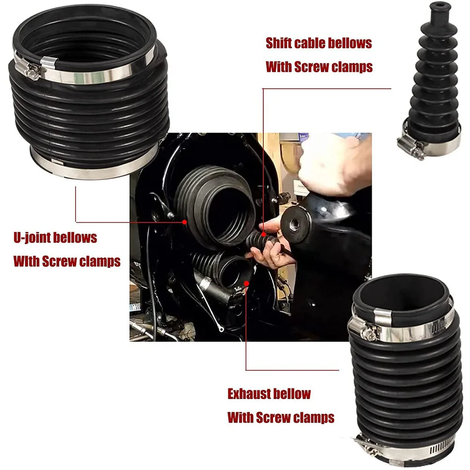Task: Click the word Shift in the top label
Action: (279, 43)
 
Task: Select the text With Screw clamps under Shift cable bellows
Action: (319, 67)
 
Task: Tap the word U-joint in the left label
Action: (33, 237)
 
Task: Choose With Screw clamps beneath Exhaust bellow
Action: (281, 417)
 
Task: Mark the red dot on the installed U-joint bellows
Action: (185, 221)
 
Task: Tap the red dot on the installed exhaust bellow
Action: (246, 283)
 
